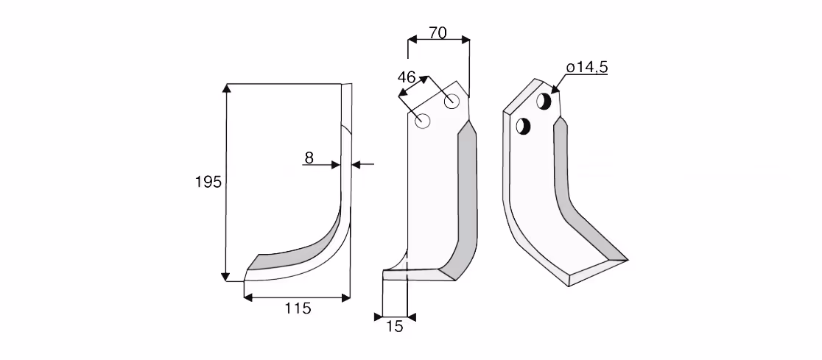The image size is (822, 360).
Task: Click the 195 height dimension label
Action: [x=208, y=183]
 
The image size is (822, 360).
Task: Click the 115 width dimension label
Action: [x=298, y=308]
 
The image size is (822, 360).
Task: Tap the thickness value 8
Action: [x=309, y=158]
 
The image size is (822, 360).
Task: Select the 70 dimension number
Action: [x=438, y=33]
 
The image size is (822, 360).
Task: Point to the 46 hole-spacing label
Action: [x=407, y=77]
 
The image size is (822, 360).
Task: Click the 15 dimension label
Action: [x=394, y=327]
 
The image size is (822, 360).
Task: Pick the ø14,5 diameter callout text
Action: [x=586, y=67]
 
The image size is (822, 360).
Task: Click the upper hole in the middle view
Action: [x=452, y=101]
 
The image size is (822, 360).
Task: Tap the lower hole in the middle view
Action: [x=423, y=121]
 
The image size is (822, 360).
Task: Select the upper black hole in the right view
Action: [x=544, y=101]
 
